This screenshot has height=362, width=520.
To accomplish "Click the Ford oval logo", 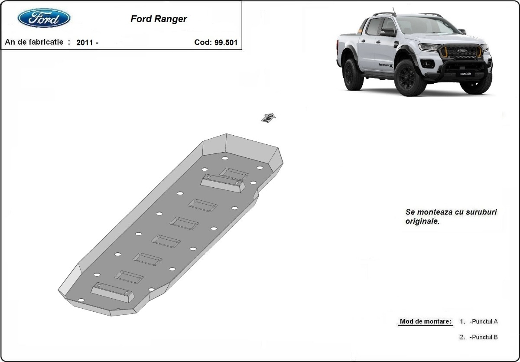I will (44, 18).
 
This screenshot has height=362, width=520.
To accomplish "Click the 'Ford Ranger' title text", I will (159, 19).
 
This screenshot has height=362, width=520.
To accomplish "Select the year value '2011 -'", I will (87, 42).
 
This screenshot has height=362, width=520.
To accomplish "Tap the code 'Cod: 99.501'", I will (216, 42).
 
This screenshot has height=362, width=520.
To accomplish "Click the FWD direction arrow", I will (268, 117).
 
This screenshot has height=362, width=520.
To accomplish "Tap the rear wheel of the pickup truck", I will (353, 74).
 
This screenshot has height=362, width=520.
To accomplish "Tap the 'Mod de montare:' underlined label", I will (426, 322).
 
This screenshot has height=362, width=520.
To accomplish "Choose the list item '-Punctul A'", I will (483, 322).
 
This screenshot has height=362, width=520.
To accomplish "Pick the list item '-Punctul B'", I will (483, 337).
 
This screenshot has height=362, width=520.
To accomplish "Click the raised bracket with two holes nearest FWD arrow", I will (223, 184).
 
